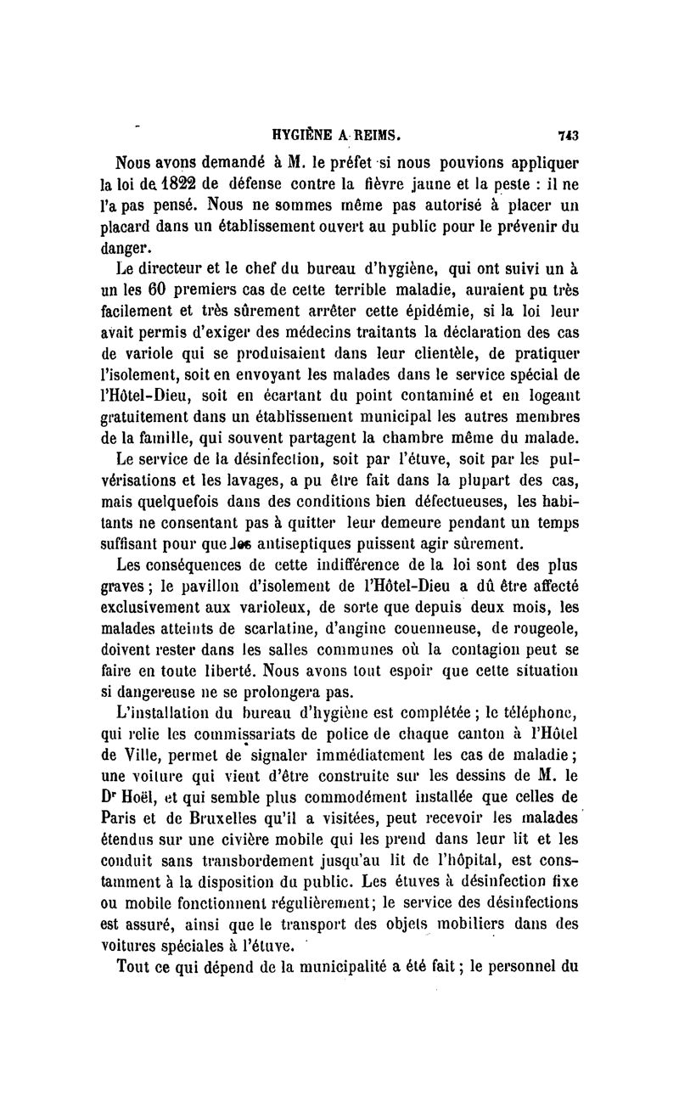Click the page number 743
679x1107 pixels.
tap(568, 134)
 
